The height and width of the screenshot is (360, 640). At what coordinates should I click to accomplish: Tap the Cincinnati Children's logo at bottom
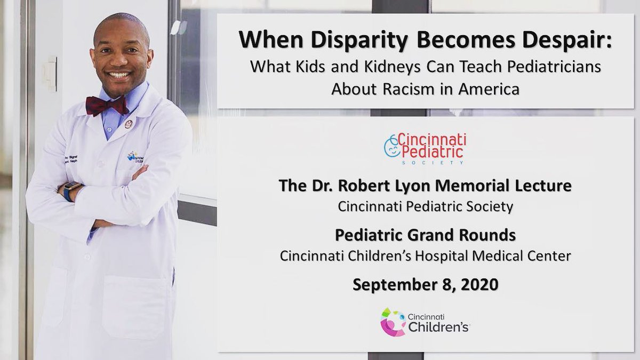pyautogui.click(x=425, y=322)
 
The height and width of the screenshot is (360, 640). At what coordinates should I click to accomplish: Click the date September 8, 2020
pyautogui.click(x=425, y=284)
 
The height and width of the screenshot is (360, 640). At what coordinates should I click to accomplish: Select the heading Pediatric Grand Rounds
pyautogui.click(x=425, y=235)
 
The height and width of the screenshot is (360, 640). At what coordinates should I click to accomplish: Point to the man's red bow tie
pyautogui.click(x=107, y=105)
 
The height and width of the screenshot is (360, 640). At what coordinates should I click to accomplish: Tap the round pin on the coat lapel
pyautogui.click(x=128, y=124)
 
